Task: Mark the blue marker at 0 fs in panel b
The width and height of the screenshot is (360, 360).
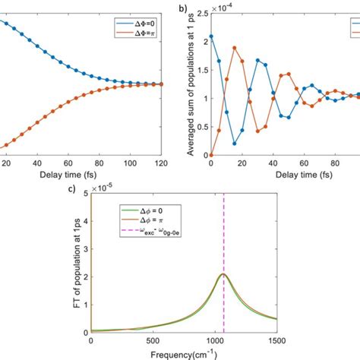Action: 210,35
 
